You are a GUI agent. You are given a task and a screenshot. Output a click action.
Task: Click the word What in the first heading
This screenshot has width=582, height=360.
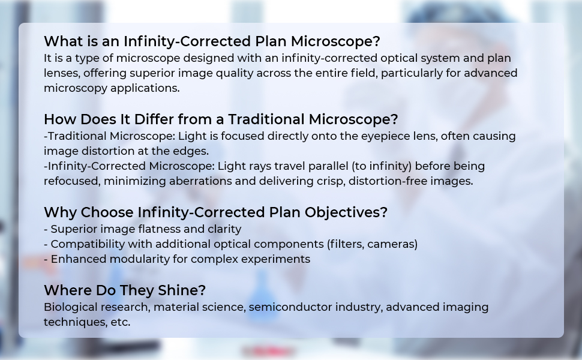coord(64,41)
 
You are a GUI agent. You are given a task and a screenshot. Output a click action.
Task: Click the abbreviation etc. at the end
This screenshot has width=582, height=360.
coord(120,323)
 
